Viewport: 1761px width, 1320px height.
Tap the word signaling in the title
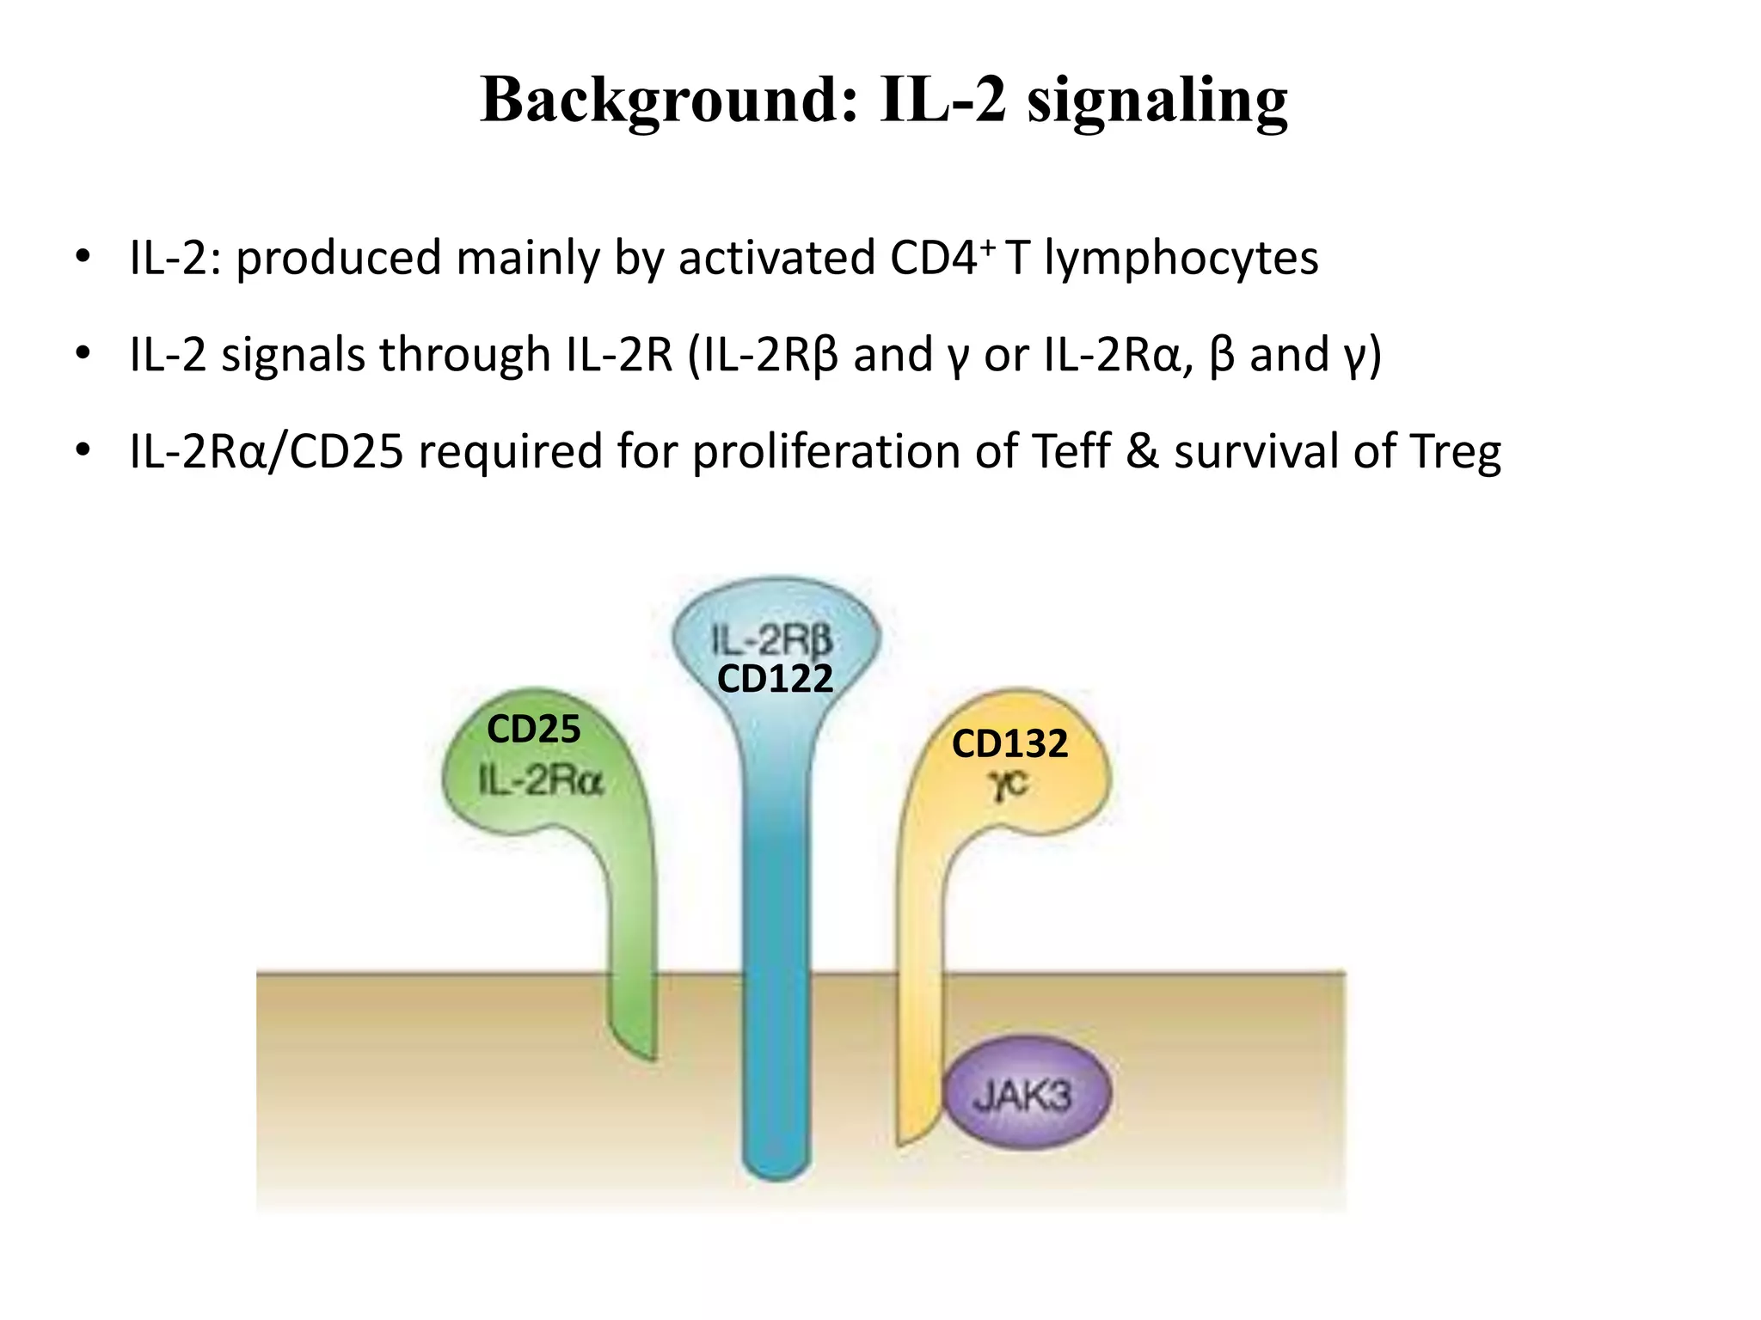(1157, 101)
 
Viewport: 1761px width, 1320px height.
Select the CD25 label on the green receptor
(533, 730)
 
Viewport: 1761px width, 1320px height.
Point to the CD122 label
(775, 679)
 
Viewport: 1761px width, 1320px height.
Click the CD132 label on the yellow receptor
(1009, 744)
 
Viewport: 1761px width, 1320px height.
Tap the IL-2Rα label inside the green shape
(541, 781)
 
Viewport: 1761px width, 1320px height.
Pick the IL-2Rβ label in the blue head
(772, 640)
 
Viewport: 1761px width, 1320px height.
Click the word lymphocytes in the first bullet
(1181, 258)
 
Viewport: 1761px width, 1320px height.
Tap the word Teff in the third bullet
(1070, 451)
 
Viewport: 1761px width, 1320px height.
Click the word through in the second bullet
(465, 355)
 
